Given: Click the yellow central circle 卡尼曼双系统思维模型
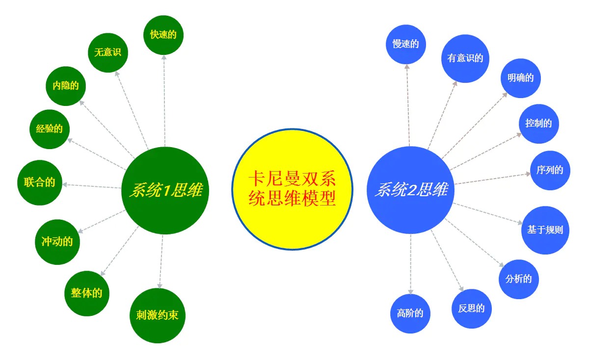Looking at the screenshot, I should (292, 189).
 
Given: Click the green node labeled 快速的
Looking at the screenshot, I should (163, 35).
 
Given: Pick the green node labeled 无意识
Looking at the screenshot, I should (108, 52).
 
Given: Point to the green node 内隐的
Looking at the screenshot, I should (66, 86).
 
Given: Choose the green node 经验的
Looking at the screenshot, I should (50, 129).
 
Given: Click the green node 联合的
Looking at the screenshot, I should (39, 182).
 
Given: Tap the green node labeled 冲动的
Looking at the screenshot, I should (57, 242).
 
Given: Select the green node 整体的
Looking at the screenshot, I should (87, 293).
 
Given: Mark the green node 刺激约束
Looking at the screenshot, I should (157, 315).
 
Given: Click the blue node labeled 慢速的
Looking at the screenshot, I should (405, 44).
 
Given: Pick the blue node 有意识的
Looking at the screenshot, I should (465, 58).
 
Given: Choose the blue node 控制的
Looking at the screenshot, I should (539, 124).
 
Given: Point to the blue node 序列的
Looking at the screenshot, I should (550, 171).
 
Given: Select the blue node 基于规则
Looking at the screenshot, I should (545, 230).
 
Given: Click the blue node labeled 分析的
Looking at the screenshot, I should (519, 279).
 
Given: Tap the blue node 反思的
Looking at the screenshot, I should (471, 309).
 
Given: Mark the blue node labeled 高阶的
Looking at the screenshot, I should (410, 313).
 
